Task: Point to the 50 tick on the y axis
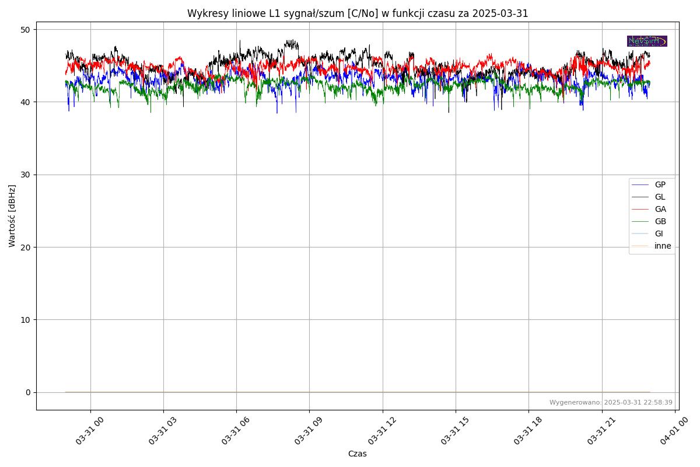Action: point(26,30)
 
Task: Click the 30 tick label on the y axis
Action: point(26,175)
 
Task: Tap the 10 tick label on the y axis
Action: point(26,320)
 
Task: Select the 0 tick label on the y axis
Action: point(28,392)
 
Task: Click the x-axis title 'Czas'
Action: point(357,454)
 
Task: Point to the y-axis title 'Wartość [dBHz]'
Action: point(12,216)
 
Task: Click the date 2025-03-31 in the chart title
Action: point(501,13)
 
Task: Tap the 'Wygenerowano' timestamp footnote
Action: point(611,402)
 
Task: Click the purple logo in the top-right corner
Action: point(647,41)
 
